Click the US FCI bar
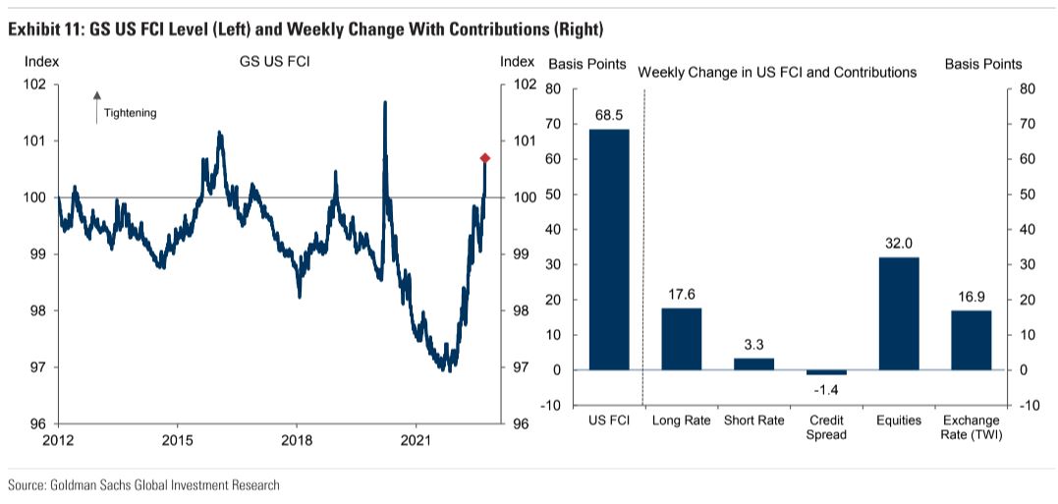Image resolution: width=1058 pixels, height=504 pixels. [609, 250]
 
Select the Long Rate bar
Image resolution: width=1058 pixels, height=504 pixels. [681, 339]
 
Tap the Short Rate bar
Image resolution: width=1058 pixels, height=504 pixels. [753, 364]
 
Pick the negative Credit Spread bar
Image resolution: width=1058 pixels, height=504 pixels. [825, 372]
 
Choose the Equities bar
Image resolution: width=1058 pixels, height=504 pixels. [898, 313]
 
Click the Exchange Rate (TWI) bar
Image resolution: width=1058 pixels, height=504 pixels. [971, 340]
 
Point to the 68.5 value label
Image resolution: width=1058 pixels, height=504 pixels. [609, 116]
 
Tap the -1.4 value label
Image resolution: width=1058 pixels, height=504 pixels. [825, 389]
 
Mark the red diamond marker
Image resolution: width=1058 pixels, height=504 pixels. [484, 158]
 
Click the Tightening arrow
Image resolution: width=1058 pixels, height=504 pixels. [96, 106]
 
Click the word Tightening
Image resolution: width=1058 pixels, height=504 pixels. [131, 113]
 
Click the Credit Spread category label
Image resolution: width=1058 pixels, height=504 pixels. [825, 427]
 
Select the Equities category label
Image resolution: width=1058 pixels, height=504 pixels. [898, 420]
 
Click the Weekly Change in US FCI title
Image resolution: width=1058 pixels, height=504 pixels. [777, 72]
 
